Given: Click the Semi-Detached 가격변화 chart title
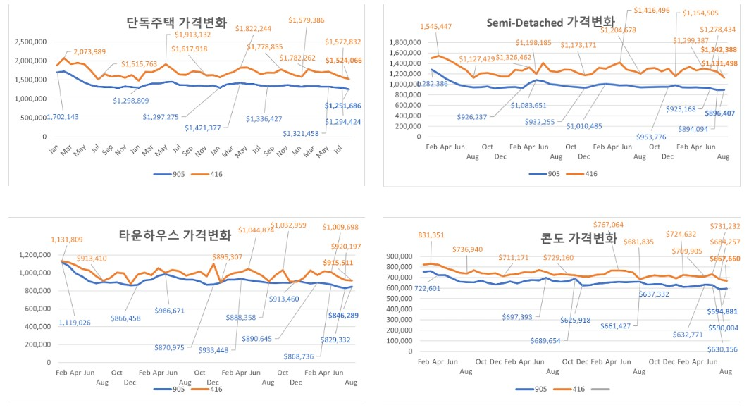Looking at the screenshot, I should tap(550, 22).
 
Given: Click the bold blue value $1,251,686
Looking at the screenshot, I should tap(343, 106).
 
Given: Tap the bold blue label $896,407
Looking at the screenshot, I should tap(718, 113).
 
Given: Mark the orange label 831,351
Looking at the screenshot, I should tap(437, 235).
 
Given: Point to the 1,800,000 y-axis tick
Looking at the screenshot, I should tap(407, 42).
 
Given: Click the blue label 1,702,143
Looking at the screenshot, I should tap(44, 116).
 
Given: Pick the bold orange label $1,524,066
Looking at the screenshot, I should tap(343, 61).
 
